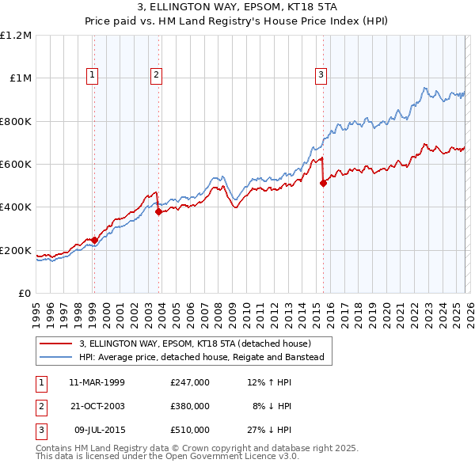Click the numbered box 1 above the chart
[x=93, y=75]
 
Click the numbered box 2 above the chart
[x=156, y=75]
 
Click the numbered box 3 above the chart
[x=321, y=75]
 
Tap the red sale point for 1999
[x=94, y=240]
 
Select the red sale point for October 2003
[x=159, y=211]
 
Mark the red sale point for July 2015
[x=323, y=184]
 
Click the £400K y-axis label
[x=17, y=207]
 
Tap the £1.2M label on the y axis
[x=17, y=36]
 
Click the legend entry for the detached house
[x=195, y=344]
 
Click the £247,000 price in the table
[x=189, y=382]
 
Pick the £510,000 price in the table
[x=189, y=430]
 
